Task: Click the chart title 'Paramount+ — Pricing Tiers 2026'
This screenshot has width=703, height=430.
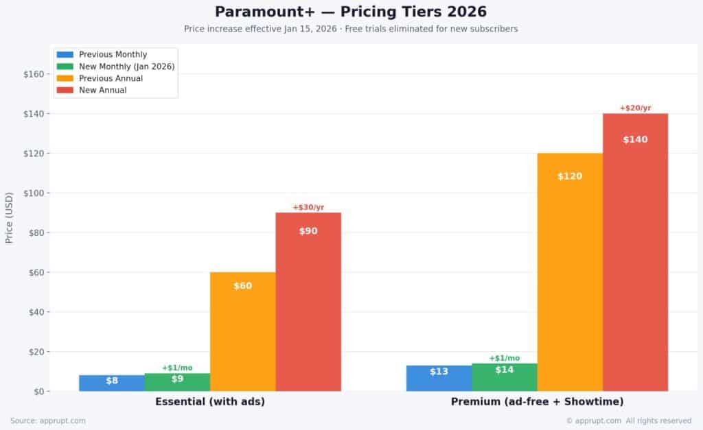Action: [x=351, y=12]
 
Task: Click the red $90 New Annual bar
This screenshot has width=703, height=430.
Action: [x=308, y=302]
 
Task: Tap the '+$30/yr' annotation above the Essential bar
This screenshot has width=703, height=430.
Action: [x=308, y=207]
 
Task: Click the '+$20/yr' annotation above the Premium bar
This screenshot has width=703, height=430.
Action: [x=635, y=108]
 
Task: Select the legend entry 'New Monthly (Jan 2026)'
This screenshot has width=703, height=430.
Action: [x=126, y=66]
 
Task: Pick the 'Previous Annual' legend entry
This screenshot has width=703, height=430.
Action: [x=111, y=78]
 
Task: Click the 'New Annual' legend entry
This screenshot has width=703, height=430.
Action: [x=102, y=90]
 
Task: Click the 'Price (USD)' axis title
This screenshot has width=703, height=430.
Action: [x=9, y=217]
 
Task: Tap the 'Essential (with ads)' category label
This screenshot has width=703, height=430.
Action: [x=210, y=401]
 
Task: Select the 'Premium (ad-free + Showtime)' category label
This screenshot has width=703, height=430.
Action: [x=537, y=401]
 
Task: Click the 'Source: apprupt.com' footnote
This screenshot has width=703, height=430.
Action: [x=48, y=420]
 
